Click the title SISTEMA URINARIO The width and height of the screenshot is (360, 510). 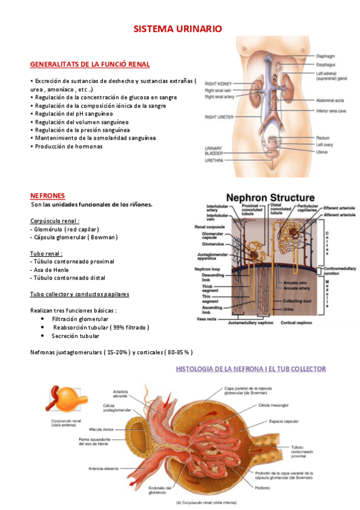(x=177, y=29)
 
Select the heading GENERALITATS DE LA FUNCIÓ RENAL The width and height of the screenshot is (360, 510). (x=90, y=64)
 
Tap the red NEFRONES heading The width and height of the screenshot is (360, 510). (x=47, y=195)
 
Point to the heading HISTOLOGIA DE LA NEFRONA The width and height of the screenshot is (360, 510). (x=251, y=369)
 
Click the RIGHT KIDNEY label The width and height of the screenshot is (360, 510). (x=218, y=84)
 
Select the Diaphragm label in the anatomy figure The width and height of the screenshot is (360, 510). (x=327, y=56)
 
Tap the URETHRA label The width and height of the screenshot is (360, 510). (x=214, y=162)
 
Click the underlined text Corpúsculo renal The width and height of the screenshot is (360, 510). (x=55, y=221)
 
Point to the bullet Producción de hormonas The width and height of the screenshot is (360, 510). (x=67, y=146)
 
